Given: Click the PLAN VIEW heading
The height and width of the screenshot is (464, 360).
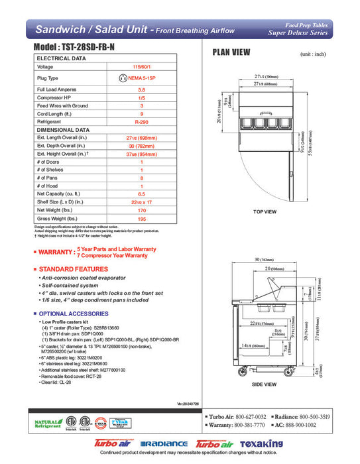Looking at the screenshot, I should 231,52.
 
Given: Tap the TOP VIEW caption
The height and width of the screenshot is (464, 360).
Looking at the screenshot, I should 265,211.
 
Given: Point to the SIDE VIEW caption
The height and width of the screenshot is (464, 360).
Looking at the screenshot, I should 265,383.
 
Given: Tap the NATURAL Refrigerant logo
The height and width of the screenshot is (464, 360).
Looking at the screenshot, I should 46,422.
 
